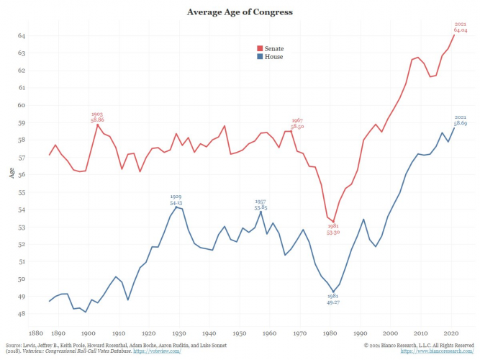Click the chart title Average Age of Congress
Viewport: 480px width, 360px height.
(x=240, y=12)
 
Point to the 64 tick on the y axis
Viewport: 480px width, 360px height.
(x=22, y=35)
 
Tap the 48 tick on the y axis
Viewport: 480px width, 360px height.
(x=22, y=314)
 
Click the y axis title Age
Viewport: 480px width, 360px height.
(x=10, y=174)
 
